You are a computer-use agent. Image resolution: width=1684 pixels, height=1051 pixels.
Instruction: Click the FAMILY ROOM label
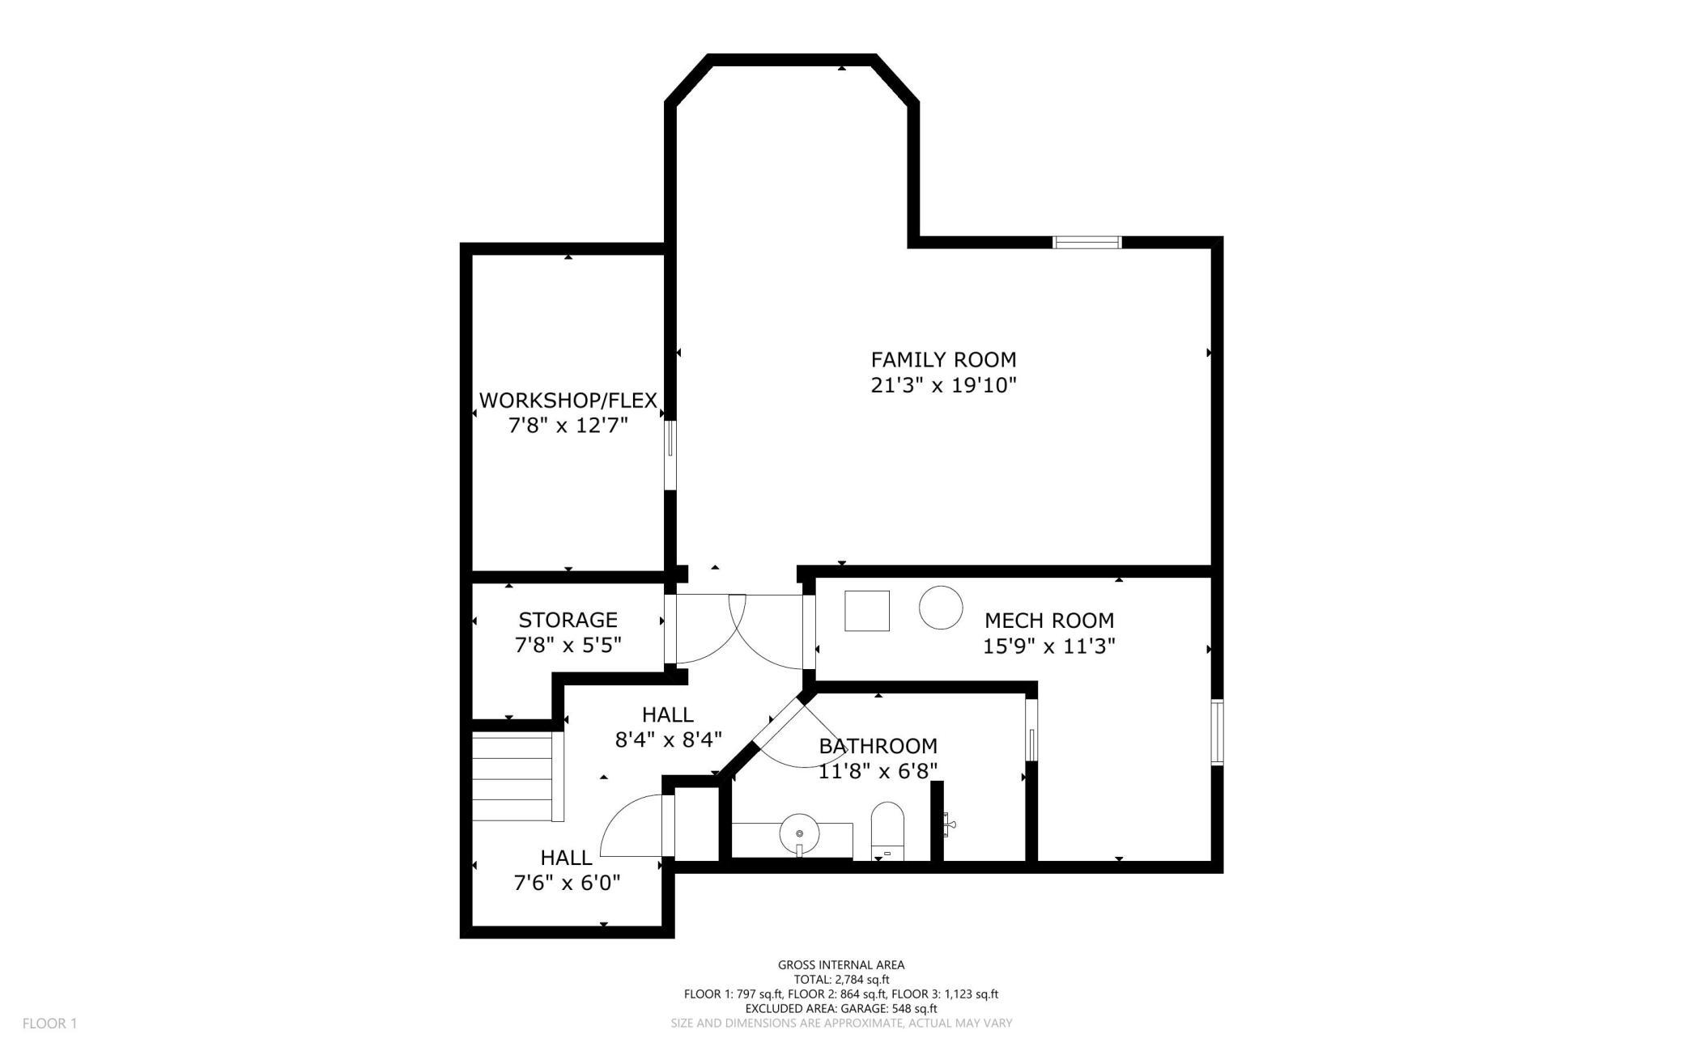click(943, 359)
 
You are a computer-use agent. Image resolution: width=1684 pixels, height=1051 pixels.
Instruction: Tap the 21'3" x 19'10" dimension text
click(943, 385)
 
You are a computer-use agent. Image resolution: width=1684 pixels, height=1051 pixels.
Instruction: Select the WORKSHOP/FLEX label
click(568, 400)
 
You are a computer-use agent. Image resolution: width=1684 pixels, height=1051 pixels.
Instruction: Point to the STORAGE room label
click(568, 620)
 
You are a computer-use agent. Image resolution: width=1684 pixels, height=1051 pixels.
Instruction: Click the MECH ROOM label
click(1049, 621)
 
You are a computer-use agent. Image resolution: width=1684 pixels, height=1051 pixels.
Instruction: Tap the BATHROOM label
click(878, 746)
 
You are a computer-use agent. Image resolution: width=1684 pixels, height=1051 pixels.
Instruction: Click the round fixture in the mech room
click(941, 607)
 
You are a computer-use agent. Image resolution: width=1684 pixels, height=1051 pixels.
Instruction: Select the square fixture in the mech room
click(867, 611)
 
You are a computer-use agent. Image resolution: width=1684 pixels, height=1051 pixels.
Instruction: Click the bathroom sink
click(799, 833)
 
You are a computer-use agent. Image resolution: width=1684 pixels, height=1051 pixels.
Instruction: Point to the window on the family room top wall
click(1087, 242)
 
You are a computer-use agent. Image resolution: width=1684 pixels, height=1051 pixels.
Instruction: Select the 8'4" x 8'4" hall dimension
click(669, 740)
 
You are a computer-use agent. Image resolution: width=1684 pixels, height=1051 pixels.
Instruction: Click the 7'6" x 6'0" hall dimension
click(568, 883)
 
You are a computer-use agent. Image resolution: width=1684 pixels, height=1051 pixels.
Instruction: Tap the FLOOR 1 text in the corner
click(49, 1023)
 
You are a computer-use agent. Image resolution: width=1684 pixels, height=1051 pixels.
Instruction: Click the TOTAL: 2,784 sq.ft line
click(841, 980)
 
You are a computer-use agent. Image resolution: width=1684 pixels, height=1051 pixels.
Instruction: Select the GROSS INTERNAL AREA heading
click(841, 964)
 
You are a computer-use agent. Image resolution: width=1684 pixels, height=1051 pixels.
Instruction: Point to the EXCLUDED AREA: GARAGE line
click(841, 1009)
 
